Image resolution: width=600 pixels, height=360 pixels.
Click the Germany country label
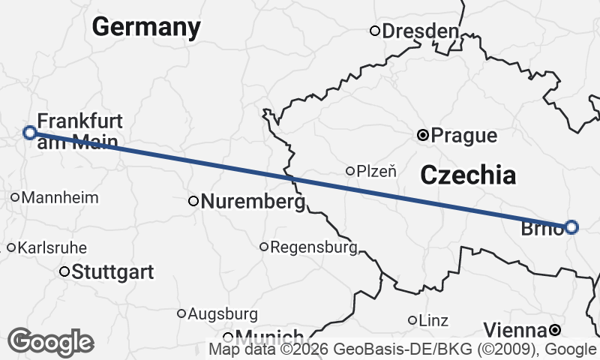146,28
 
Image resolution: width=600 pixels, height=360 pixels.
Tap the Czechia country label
468,175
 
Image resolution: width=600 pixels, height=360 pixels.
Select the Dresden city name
420,31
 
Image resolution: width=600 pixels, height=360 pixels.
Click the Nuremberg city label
254,202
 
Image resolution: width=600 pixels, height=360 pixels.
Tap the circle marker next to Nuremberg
193,201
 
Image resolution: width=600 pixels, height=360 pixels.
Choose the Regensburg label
313,247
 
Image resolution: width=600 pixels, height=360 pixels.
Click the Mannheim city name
61,198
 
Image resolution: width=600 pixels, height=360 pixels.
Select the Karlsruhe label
52,247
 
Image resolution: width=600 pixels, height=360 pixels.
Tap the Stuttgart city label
112,271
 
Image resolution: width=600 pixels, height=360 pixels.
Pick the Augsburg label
223,313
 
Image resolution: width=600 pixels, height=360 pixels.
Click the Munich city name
270,337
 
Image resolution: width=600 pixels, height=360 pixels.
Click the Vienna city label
514,330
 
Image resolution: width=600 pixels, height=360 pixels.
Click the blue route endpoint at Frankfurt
29,133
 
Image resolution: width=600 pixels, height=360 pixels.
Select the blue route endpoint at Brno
571,226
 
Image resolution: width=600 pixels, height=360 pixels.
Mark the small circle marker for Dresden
375,31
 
